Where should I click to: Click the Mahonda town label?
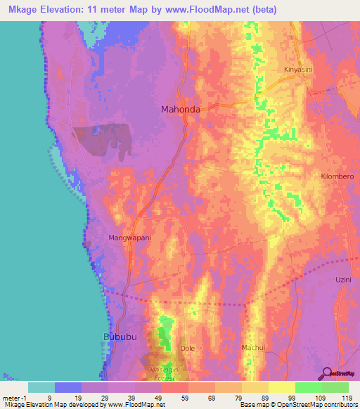[x=181, y=110]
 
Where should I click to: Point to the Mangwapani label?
[x=130, y=238]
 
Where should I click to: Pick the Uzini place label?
[x=342, y=280]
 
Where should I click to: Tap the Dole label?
[x=188, y=349]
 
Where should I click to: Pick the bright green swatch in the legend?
[x=309, y=387]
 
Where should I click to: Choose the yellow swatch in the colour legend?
[x=282, y=387]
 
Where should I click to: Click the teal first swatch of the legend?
[x=41, y=387]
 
